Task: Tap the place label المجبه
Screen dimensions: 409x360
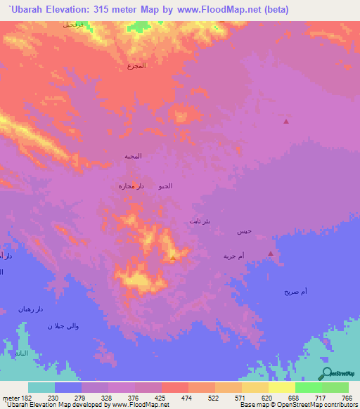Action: pyautogui.click(x=133, y=156)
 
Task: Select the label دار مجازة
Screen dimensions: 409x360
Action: pyautogui.click(x=131, y=186)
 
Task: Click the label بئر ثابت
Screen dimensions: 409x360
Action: pyautogui.click(x=200, y=221)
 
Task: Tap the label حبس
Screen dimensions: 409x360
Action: pyautogui.click(x=244, y=231)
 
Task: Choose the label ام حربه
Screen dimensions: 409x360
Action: pyautogui.click(x=233, y=256)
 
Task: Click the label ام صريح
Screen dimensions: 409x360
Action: pyautogui.click(x=295, y=291)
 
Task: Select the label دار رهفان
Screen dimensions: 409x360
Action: pyautogui.click(x=31, y=309)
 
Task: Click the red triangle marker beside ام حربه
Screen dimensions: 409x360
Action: pyautogui.click(x=271, y=254)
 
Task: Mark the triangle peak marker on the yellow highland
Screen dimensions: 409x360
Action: pyautogui.click(x=173, y=259)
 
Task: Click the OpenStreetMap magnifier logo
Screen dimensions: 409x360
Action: pyautogui.click(x=326, y=374)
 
